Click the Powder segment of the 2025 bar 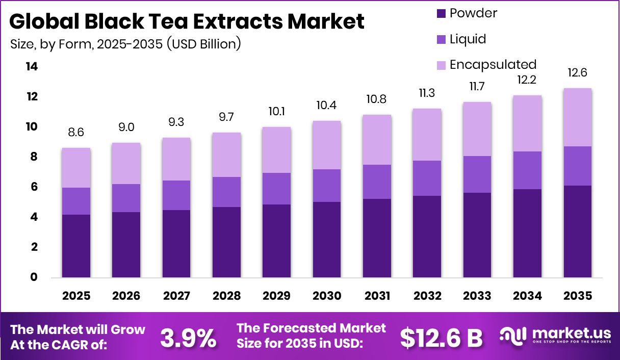pos(76,246)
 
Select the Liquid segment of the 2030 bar pos(326,186)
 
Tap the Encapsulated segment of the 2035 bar pos(577,117)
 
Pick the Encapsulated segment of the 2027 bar pos(176,159)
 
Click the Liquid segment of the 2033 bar pos(477,174)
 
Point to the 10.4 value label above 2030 pos(326,106)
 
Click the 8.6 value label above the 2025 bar pos(76,133)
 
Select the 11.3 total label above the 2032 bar pos(427,93)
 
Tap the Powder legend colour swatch pos(441,13)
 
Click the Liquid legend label pos(468,39)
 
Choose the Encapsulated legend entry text pos(493,65)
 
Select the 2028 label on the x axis pos(226,296)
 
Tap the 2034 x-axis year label pos(527,296)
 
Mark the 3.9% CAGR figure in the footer pos(188,338)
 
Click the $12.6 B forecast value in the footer pos(441,338)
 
